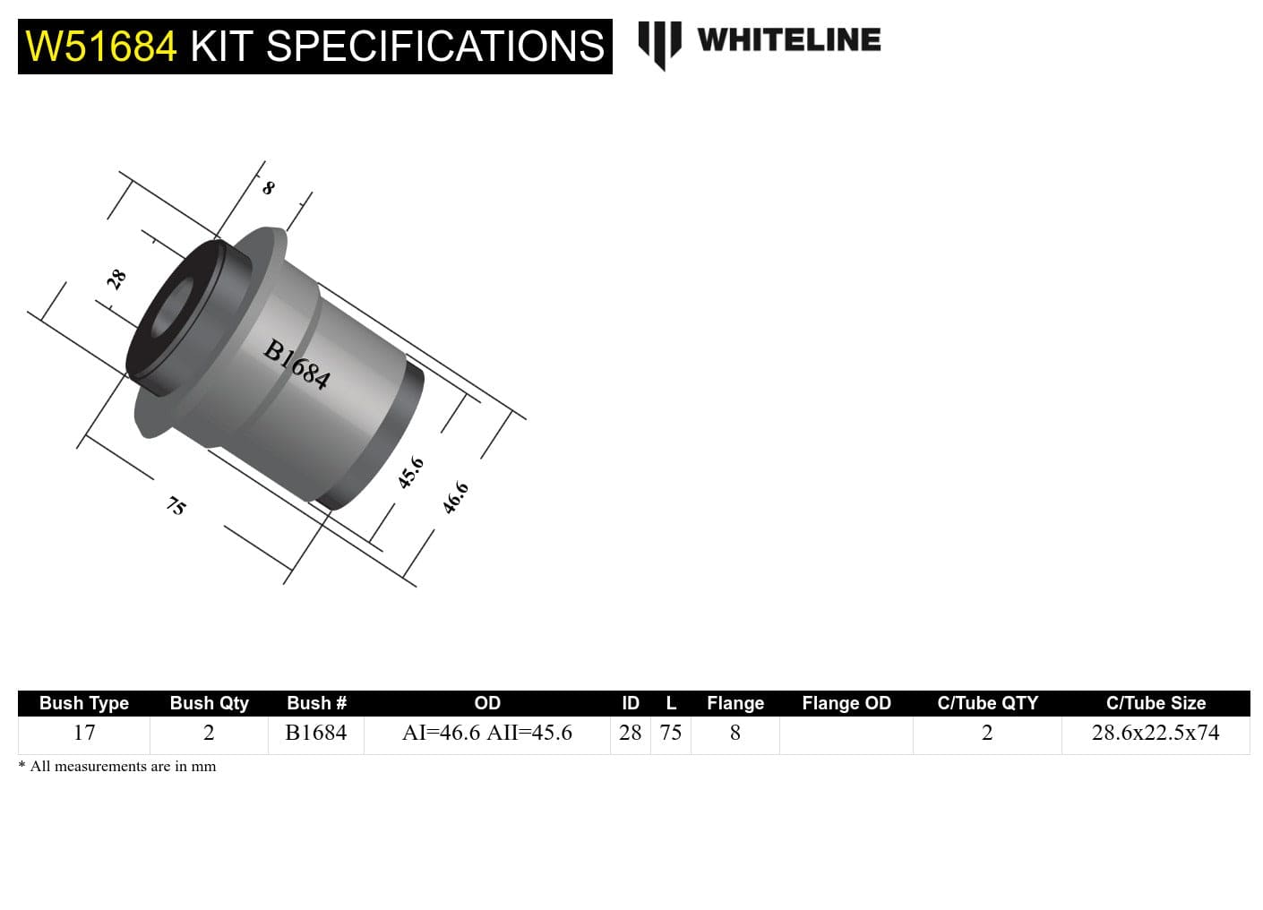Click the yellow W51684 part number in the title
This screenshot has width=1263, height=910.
tap(101, 47)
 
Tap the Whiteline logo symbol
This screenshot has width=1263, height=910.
tap(659, 43)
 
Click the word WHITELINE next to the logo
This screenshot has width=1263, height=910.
tap(788, 40)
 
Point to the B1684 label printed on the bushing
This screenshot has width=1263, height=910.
tap(296, 364)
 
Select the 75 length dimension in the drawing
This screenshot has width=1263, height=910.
tap(176, 506)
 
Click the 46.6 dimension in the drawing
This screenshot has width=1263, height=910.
tap(455, 497)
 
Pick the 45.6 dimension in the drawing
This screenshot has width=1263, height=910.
tap(410, 472)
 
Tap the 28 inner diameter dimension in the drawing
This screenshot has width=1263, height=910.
tap(116, 279)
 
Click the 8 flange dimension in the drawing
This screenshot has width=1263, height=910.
tap(268, 188)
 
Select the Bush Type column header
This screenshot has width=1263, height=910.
tap(84, 703)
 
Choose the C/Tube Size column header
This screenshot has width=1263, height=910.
tap(1156, 703)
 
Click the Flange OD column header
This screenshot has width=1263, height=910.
tap(846, 703)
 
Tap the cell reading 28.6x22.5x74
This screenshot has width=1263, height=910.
tap(1156, 733)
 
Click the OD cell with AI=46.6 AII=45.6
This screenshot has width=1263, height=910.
tap(486, 733)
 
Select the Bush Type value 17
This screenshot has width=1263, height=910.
tap(84, 733)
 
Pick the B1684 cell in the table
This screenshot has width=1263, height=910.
tap(316, 733)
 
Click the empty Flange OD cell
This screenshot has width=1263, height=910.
tap(846, 734)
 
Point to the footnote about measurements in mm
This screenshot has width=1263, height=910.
tap(117, 767)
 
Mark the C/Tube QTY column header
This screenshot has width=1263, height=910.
tap(987, 703)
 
